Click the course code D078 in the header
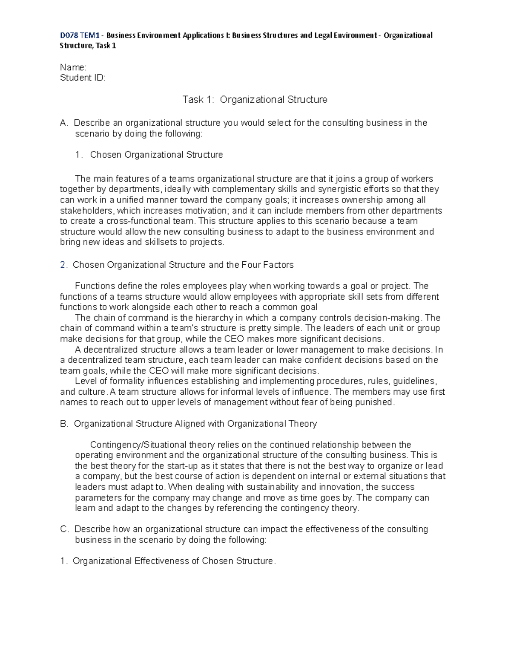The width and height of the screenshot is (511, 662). [69, 35]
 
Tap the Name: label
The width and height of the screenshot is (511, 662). [73, 67]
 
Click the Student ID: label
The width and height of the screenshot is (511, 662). [82, 78]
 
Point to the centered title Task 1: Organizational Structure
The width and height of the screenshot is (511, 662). [255, 100]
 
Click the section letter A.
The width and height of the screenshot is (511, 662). [64, 123]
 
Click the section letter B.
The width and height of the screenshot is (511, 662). [64, 424]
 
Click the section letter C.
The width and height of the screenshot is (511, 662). [64, 529]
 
